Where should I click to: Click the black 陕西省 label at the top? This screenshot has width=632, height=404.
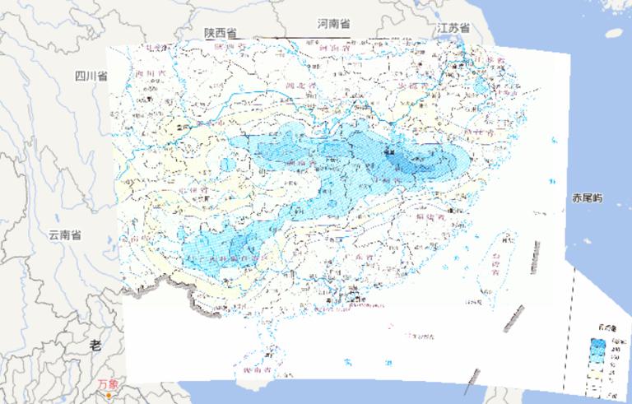click(221, 32)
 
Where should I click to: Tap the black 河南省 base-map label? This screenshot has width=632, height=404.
click(333, 24)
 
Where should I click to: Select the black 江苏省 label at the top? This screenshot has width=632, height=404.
click(453, 28)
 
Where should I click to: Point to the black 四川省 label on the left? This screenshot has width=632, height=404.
click(91, 76)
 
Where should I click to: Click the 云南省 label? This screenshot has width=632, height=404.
click(64, 235)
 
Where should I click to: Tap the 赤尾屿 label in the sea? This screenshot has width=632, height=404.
click(588, 198)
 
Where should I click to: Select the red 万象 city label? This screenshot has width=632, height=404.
click(108, 383)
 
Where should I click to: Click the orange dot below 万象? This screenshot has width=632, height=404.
click(108, 396)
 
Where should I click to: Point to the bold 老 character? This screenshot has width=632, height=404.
click(95, 346)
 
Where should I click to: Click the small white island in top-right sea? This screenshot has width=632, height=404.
click(614, 34)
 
